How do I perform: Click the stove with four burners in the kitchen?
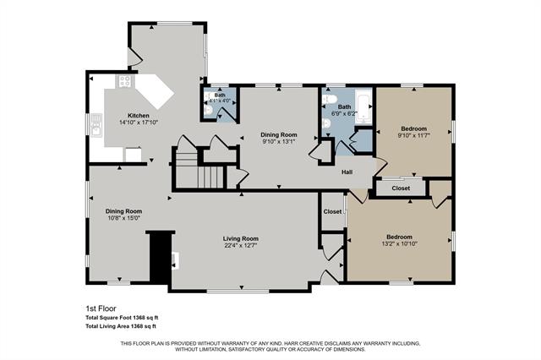click(125, 82)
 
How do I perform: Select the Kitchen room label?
click(139, 115)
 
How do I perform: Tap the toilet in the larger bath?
click(327, 124)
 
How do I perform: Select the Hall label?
click(347, 172)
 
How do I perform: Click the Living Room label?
click(240, 238)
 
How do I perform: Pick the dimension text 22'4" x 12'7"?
click(240, 246)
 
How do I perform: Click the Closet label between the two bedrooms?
click(402, 188)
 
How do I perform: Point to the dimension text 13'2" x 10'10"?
click(399, 243)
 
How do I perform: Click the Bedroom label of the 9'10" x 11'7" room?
click(413, 128)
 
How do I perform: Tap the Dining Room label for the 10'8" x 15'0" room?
click(123, 210)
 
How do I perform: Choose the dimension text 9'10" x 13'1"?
click(278, 142)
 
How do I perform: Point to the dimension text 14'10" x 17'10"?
click(139, 123)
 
